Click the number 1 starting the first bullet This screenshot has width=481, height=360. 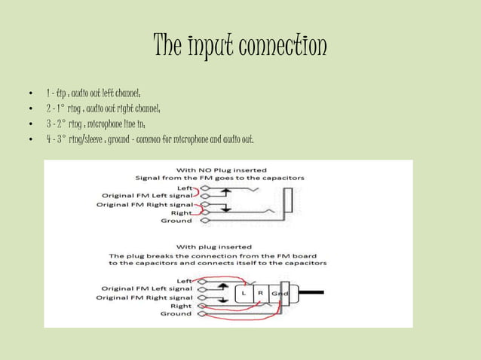click(x=47, y=93)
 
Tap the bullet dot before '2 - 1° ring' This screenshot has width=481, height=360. click(x=29, y=109)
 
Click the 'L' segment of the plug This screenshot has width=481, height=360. click(x=246, y=292)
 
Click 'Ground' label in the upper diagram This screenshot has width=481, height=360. click(x=176, y=221)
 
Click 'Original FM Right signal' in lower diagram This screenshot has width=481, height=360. click(x=142, y=297)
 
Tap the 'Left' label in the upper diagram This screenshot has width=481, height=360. click(x=185, y=188)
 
